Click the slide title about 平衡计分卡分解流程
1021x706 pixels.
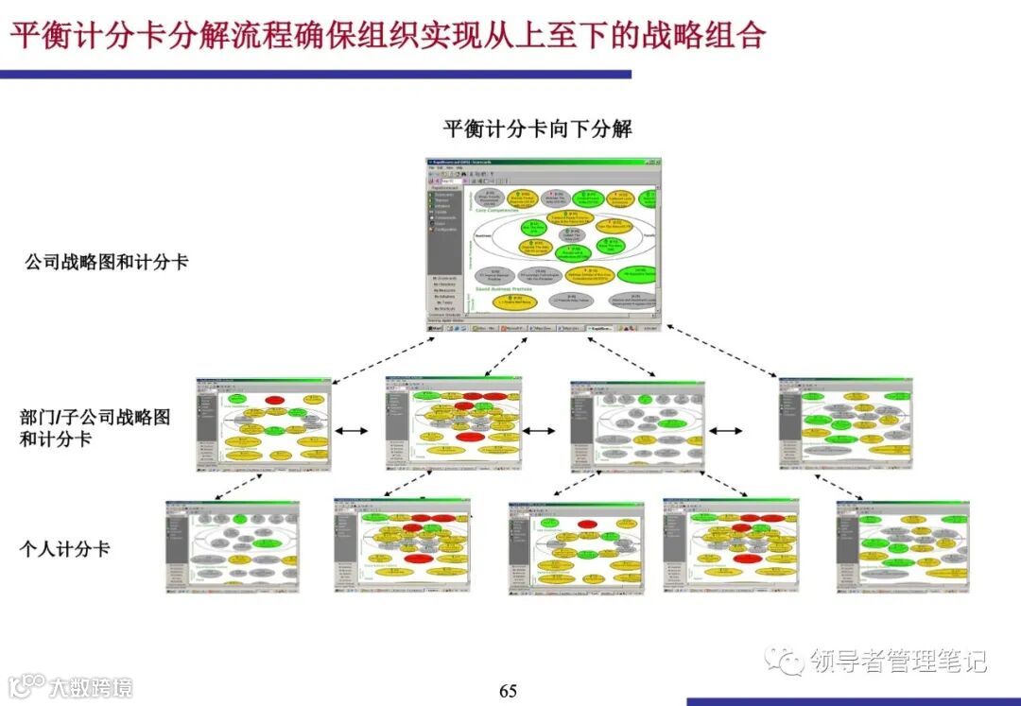coord(388,36)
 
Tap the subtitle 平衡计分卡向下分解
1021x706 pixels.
coord(538,129)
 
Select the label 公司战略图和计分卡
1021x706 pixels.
coord(107,262)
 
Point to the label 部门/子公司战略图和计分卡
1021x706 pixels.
coord(95,427)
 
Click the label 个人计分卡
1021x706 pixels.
coord(65,548)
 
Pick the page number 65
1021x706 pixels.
coord(509,691)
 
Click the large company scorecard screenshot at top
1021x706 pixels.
coord(543,245)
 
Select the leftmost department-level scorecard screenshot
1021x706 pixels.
coord(264,424)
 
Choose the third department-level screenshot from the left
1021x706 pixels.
coord(638,425)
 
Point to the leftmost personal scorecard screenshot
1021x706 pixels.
coord(233,546)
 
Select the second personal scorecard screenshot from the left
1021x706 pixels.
coord(402,546)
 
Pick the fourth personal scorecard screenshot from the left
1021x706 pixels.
coord(731,546)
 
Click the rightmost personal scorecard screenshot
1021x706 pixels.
coord(903,546)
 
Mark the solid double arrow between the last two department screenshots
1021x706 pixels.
coord(726,431)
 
